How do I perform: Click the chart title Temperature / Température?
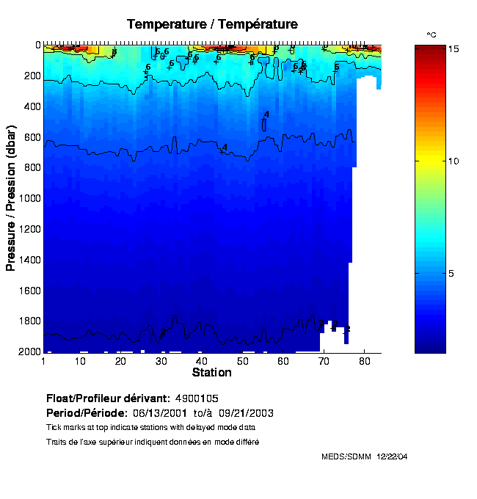[212, 24]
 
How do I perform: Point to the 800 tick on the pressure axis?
[29, 167]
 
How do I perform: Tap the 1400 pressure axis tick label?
[27, 260]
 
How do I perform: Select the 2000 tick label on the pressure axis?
[27, 352]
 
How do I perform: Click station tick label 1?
[44, 361]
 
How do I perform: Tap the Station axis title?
[211, 373]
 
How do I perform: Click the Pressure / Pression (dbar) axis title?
[11, 198]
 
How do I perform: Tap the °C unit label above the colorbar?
[432, 34]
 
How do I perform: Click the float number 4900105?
[197, 398]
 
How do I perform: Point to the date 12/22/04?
[392, 456]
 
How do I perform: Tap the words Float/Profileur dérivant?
[108, 398]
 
